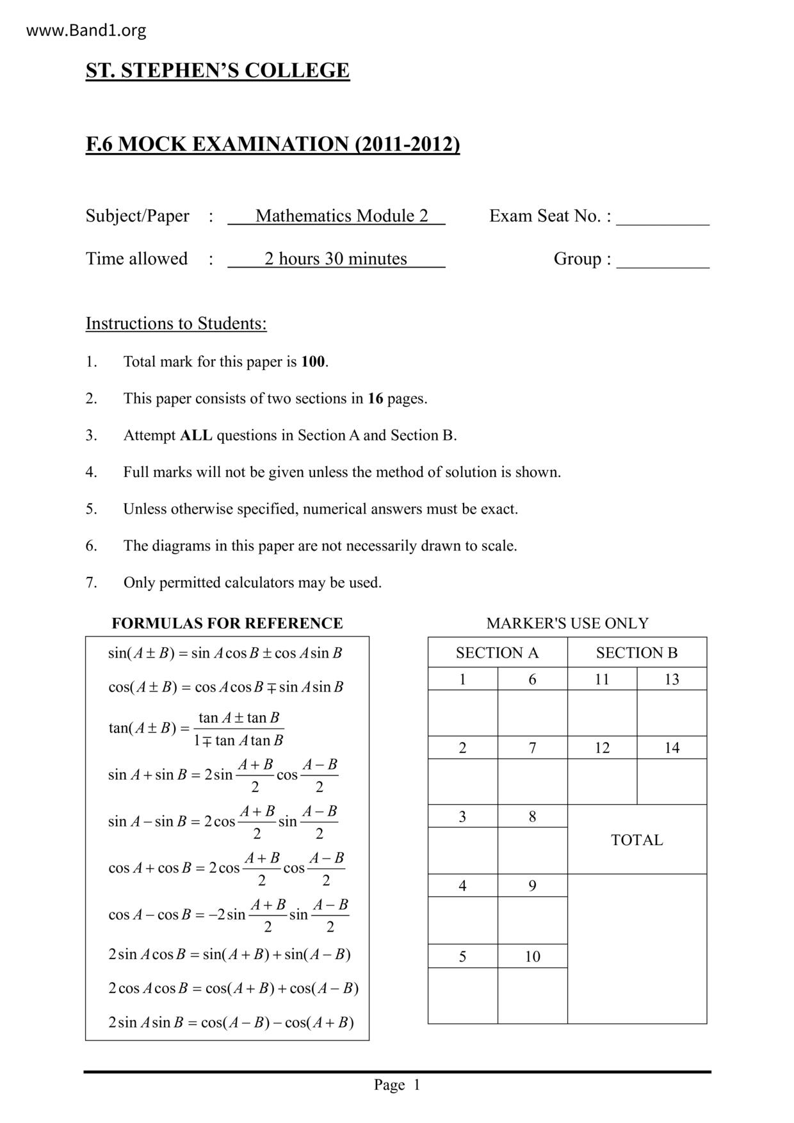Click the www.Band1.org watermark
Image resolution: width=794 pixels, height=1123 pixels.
click(x=86, y=30)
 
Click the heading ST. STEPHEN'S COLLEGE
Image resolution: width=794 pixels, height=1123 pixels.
click(x=218, y=70)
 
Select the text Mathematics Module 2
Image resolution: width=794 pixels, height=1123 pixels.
click(x=341, y=216)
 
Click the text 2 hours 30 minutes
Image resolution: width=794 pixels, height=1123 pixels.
click(x=336, y=259)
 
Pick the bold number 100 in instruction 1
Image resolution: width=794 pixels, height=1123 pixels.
click(x=313, y=362)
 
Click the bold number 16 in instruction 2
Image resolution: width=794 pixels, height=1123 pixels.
click(x=375, y=399)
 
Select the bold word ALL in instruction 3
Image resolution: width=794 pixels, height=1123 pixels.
click(x=196, y=435)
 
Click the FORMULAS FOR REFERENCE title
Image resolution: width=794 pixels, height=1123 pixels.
click(x=227, y=624)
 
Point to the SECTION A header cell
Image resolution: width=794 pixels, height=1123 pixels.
click(x=498, y=653)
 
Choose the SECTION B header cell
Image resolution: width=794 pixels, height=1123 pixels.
click(x=636, y=653)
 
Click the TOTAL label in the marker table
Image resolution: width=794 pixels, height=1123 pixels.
click(x=636, y=840)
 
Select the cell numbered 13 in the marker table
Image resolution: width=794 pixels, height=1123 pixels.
click(x=672, y=679)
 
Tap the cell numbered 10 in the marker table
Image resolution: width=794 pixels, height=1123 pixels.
click(x=533, y=957)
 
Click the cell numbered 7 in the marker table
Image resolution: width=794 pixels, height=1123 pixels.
click(x=533, y=748)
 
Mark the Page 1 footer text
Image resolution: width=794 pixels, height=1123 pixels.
click(x=397, y=1085)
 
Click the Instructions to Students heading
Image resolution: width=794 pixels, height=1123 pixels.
click(x=176, y=323)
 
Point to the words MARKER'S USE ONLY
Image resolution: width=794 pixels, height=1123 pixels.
click(x=567, y=624)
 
